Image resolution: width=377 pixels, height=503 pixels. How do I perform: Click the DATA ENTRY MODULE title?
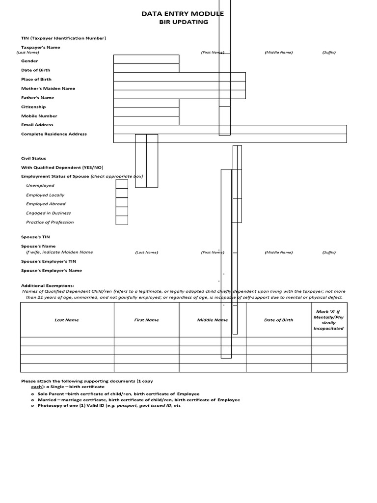click(x=182, y=14)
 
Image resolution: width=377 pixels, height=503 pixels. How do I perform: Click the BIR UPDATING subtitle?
click(x=183, y=22)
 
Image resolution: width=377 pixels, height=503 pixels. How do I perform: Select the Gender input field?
click(x=146, y=59)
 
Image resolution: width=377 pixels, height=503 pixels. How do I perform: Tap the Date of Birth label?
click(x=35, y=70)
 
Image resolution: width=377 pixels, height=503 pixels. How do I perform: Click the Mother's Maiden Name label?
click(x=48, y=88)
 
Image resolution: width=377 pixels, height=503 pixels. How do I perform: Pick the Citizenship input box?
click(x=146, y=103)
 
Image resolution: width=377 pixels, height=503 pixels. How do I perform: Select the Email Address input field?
click(x=230, y=129)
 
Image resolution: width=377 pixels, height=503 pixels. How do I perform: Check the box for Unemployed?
click(x=122, y=184)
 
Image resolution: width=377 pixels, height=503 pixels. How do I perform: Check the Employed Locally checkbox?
click(x=122, y=193)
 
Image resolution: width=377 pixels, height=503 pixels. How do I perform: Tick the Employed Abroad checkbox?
click(x=122, y=202)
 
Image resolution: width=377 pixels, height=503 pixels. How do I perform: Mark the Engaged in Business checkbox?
click(x=122, y=211)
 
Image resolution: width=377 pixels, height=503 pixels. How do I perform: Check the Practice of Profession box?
click(x=122, y=221)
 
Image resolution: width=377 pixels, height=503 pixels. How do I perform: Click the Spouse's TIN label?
click(x=35, y=237)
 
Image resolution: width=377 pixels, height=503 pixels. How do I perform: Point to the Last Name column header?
click(x=67, y=320)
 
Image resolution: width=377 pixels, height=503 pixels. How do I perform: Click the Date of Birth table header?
click(x=278, y=320)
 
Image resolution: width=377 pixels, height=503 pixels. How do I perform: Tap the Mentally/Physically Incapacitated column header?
click(x=328, y=320)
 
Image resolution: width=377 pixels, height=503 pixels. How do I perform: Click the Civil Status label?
click(x=33, y=158)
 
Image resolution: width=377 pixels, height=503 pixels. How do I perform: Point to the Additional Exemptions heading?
click(x=47, y=285)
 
